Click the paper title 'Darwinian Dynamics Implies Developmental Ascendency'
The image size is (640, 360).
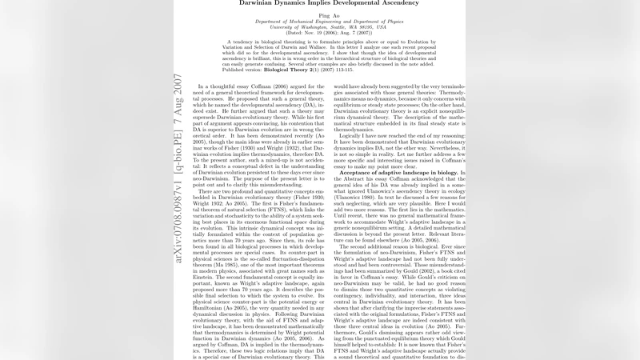pyautogui.click(x=319, y=3)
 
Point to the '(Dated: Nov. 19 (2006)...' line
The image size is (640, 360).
pyautogui.click(x=319, y=34)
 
